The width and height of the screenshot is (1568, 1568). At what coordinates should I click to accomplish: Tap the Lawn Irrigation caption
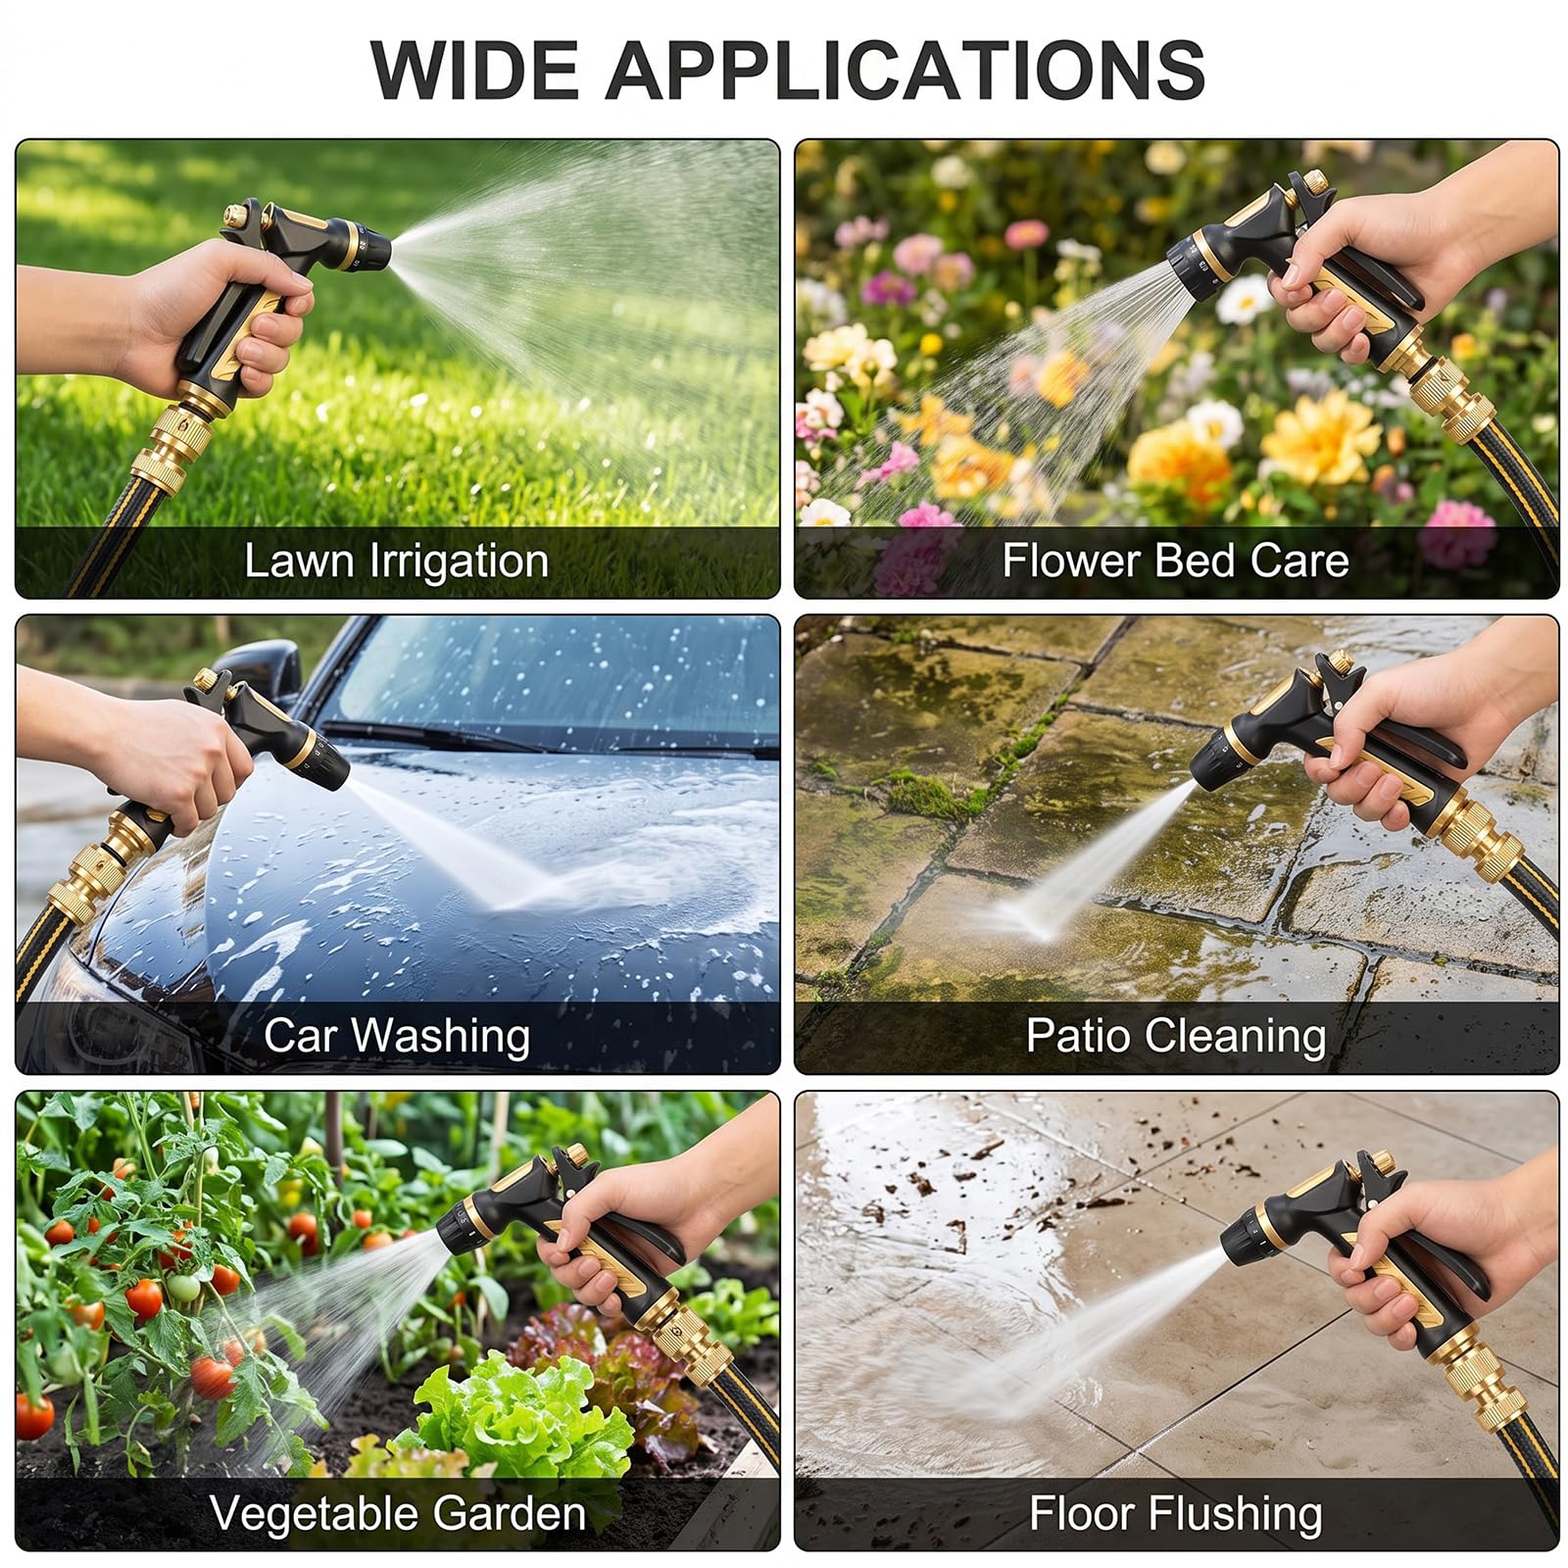tap(396, 562)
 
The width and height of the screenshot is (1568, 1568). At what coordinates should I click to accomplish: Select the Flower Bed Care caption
tap(1175, 561)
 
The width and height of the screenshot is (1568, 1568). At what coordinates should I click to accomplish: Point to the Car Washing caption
tap(397, 1036)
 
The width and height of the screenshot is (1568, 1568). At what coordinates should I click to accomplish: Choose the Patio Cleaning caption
tap(1176, 1036)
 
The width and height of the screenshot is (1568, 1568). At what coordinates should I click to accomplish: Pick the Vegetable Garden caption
tap(398, 1512)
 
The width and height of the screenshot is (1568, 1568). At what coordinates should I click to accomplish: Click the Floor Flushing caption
tap(1175, 1512)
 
